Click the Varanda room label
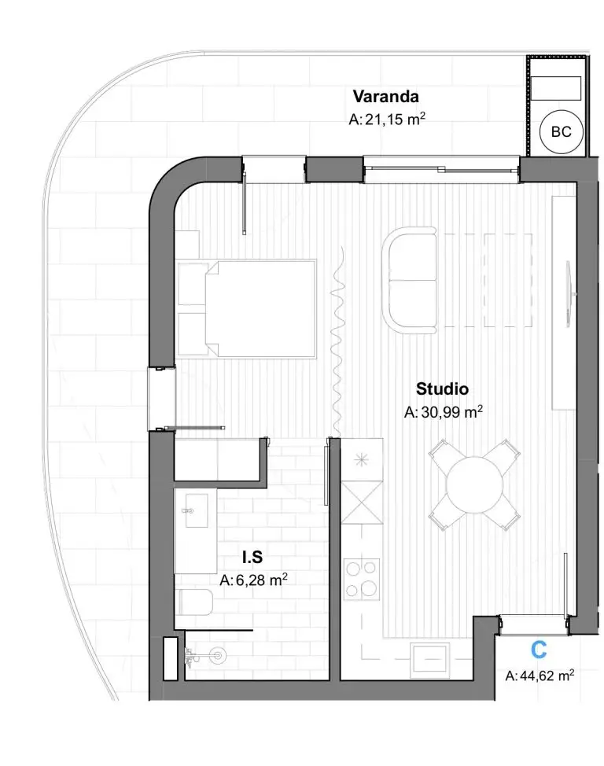[385, 96]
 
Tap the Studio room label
[442, 389]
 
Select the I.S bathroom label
[252, 557]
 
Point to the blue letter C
[539, 650]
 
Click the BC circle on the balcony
[561, 132]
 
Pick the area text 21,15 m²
[387, 120]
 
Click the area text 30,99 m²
[444, 412]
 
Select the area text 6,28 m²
[253, 580]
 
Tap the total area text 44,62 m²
[540, 676]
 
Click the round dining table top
[474, 484]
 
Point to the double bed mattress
[260, 309]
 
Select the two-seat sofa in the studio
[410, 281]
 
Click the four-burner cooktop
[362, 579]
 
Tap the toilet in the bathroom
[194, 602]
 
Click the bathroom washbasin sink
[197, 511]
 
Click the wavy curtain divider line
[337, 342]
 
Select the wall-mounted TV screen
[569, 293]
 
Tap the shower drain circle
[216, 656]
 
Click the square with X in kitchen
[362, 503]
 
